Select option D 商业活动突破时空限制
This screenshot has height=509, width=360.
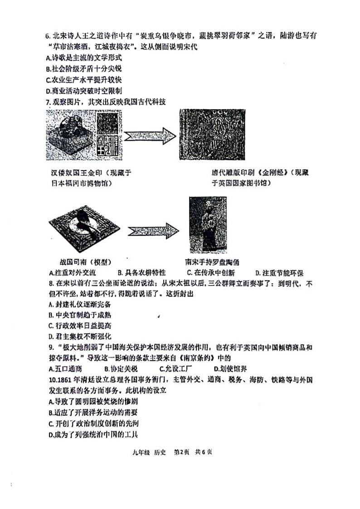click(x=84, y=91)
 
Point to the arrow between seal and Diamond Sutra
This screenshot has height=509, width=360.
click(x=150, y=136)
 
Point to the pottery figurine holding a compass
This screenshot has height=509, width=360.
click(x=207, y=224)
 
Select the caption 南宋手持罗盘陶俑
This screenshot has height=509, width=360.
click(x=212, y=262)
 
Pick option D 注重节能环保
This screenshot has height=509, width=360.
click(x=279, y=273)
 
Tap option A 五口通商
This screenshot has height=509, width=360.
click(x=68, y=368)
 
